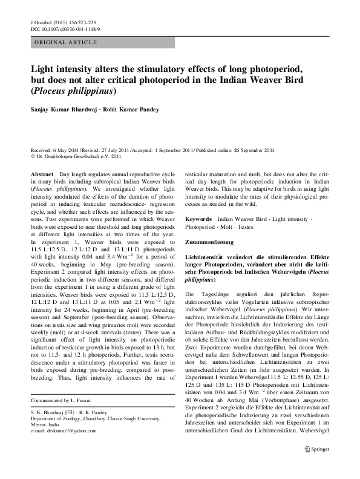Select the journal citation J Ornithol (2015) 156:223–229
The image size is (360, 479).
click(64, 22)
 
